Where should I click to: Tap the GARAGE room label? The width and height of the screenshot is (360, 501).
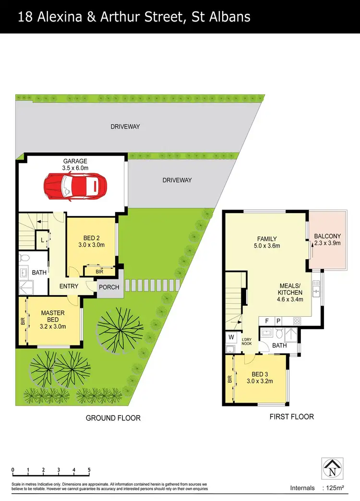point(75,161)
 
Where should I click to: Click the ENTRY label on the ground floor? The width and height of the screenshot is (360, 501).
point(69,286)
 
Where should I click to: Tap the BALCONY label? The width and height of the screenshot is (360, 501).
point(327,236)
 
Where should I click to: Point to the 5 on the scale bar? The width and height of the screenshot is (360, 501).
point(89,470)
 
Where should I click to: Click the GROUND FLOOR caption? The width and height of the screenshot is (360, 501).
point(113,418)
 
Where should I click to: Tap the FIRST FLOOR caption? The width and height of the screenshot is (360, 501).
point(292,417)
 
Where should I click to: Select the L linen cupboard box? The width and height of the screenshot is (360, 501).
point(43,239)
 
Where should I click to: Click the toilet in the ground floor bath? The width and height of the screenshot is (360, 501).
point(25,258)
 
